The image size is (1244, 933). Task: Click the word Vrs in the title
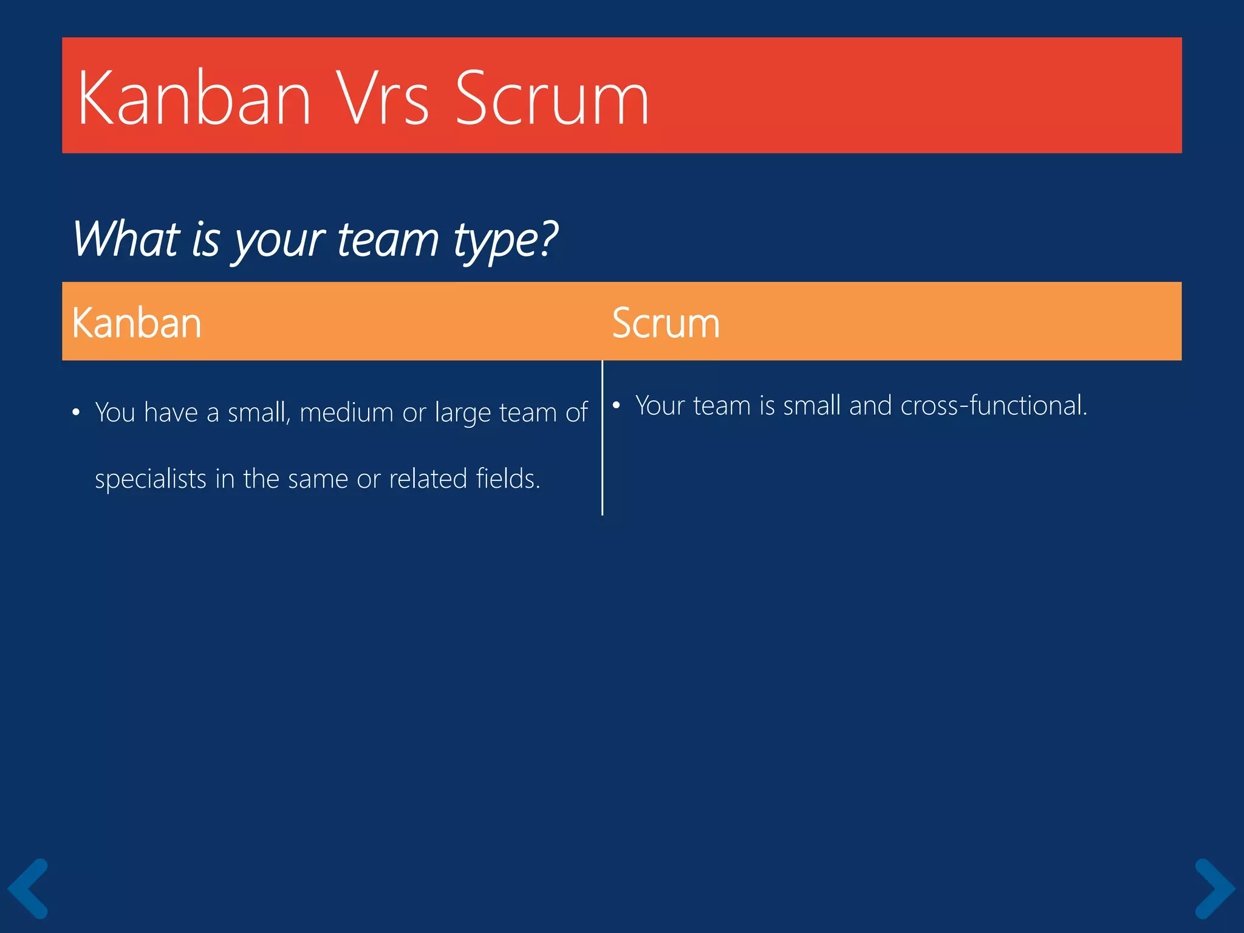[x=383, y=98]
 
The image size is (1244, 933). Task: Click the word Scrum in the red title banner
[x=552, y=98]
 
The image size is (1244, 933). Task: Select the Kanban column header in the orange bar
[x=137, y=323]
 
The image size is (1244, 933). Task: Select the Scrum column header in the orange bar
[x=666, y=323]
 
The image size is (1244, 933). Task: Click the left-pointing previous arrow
[x=28, y=888]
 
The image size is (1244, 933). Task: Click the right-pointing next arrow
[x=1214, y=888]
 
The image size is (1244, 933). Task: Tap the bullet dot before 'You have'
[x=76, y=413]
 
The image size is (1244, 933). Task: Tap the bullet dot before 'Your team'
[x=616, y=406]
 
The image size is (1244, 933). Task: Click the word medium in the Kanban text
[x=346, y=412]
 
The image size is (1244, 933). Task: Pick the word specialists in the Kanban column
[x=151, y=479]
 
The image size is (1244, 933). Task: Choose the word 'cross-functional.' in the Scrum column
[x=994, y=406]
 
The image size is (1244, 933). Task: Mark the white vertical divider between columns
[x=602, y=437]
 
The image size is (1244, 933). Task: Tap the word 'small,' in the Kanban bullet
[x=259, y=413]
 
